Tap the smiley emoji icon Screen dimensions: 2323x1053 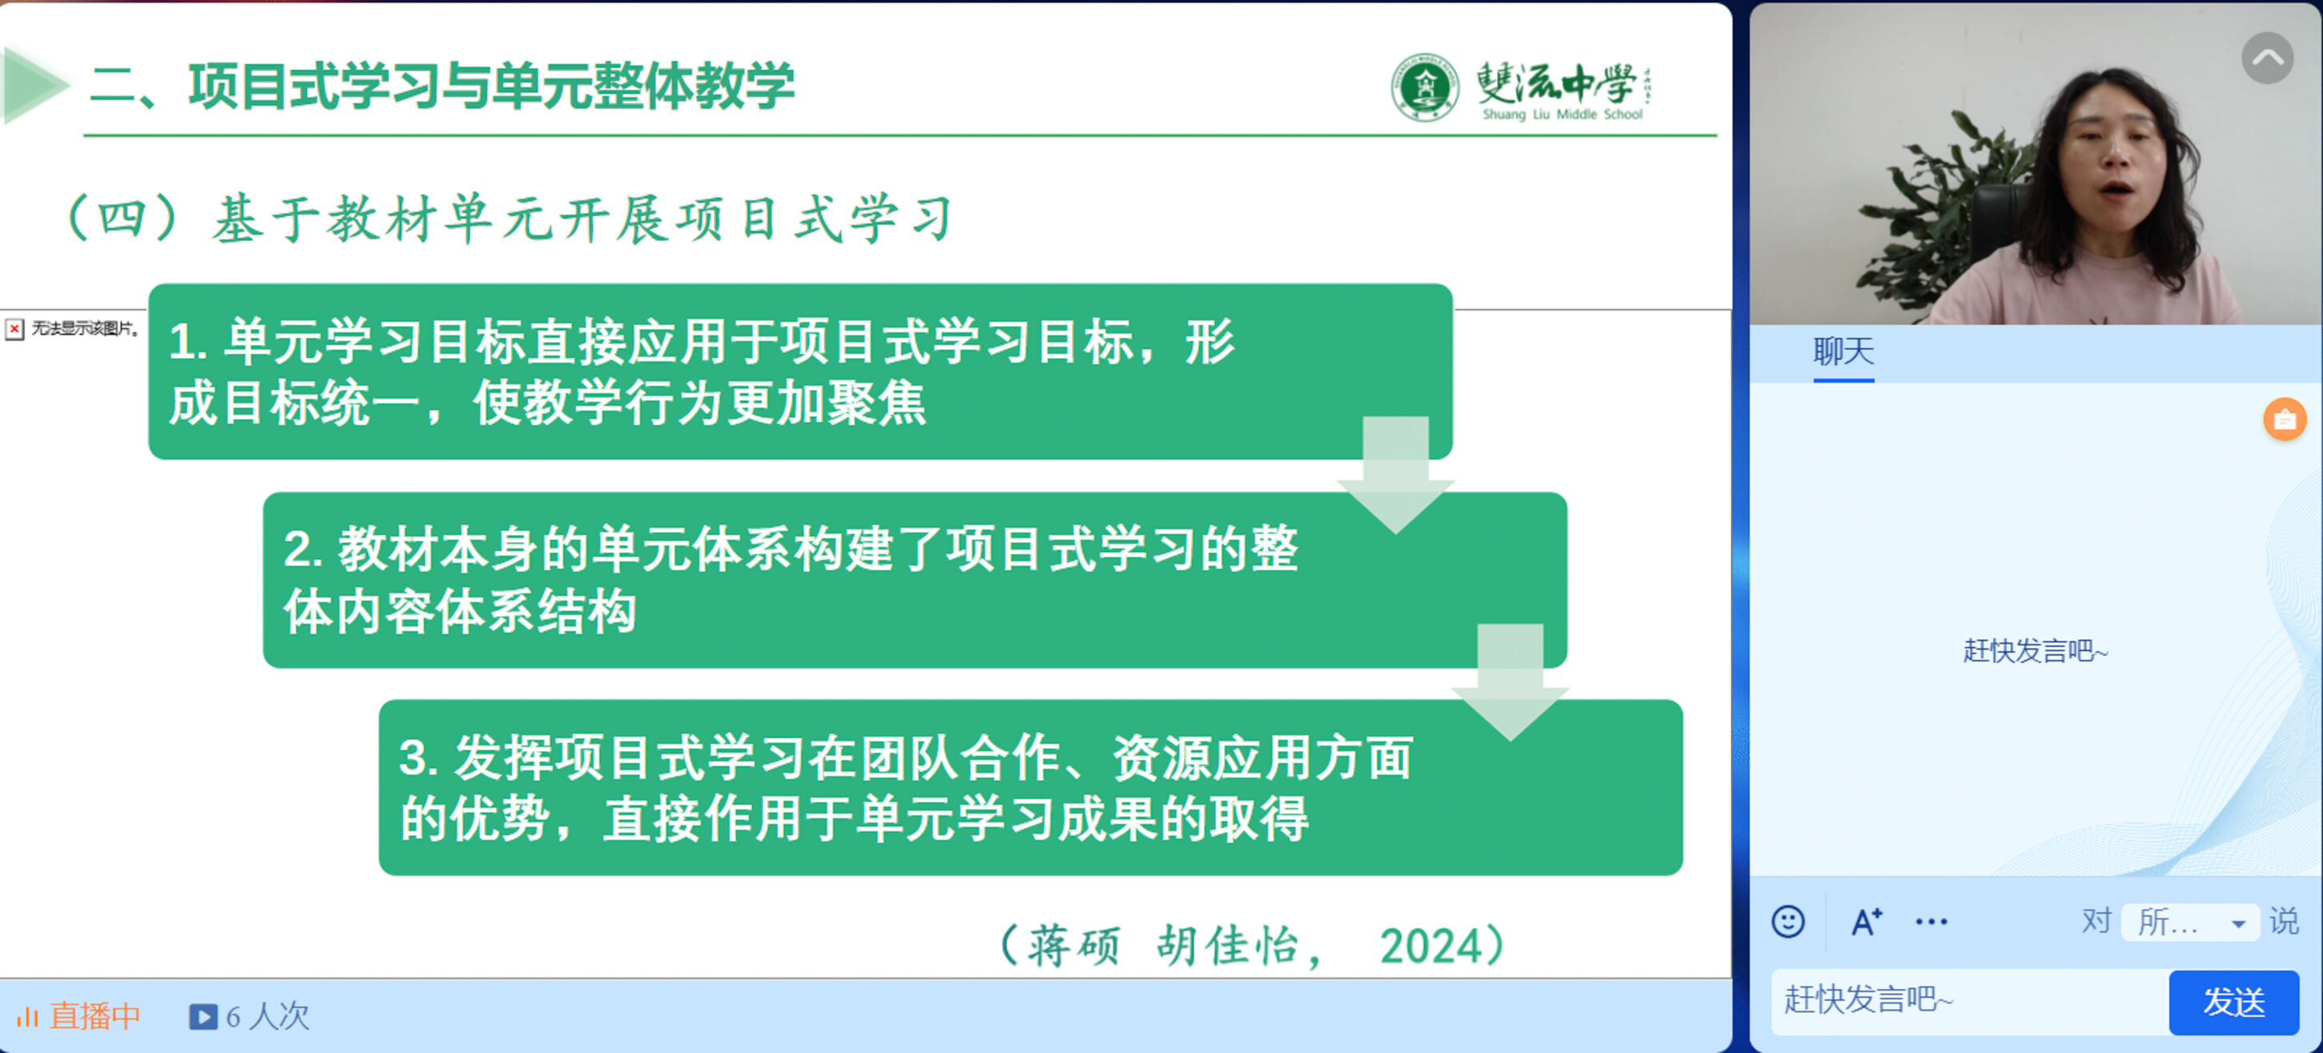point(1787,922)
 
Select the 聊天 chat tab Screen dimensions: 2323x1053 point(1843,351)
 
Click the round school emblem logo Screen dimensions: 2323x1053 point(1424,87)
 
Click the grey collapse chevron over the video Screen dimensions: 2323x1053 point(2267,58)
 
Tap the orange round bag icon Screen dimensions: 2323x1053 point(2285,420)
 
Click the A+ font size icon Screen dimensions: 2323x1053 point(1866,922)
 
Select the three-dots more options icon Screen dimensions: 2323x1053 point(1930,922)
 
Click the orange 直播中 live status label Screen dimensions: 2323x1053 point(79,1017)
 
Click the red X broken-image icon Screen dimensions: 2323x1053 point(14,329)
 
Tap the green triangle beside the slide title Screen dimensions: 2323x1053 point(35,86)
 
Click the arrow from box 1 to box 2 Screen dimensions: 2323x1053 point(1395,475)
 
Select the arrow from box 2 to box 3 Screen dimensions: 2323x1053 point(1510,682)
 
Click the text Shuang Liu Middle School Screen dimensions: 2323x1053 point(1562,115)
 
